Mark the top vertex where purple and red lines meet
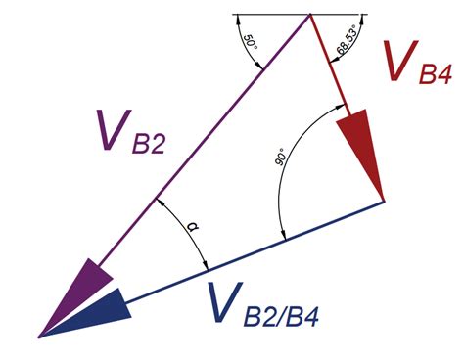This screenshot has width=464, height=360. point(310,16)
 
